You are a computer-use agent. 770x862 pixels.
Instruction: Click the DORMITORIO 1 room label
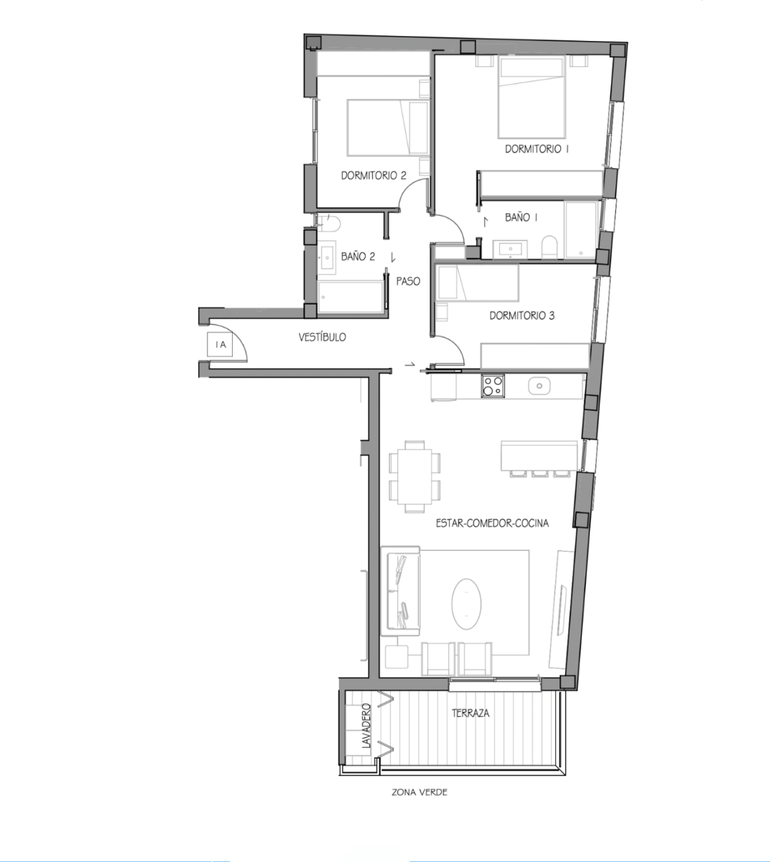[537, 149]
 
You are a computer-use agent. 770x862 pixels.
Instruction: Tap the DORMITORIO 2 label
[374, 175]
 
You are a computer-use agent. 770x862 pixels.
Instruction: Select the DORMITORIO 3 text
[522, 315]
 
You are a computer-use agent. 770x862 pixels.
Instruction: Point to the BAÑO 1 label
[521, 218]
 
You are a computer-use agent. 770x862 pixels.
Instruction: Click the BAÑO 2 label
[358, 256]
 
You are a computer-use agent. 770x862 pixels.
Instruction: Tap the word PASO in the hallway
[408, 282]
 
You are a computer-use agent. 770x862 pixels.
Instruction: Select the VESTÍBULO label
[322, 338]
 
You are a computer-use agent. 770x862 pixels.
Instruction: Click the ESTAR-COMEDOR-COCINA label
[492, 523]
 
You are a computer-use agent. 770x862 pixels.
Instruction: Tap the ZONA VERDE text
[419, 792]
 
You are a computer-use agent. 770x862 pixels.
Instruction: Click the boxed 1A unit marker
[220, 345]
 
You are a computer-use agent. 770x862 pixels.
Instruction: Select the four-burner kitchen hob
[493, 386]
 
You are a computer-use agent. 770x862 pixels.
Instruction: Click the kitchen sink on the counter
[539, 386]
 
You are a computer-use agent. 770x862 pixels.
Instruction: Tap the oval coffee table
[466, 603]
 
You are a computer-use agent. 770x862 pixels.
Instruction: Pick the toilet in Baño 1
[549, 247]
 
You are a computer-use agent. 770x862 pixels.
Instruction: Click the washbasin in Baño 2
[327, 257]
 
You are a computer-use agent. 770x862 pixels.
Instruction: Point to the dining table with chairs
[414, 476]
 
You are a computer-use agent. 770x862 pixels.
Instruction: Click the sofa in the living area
[400, 591]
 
